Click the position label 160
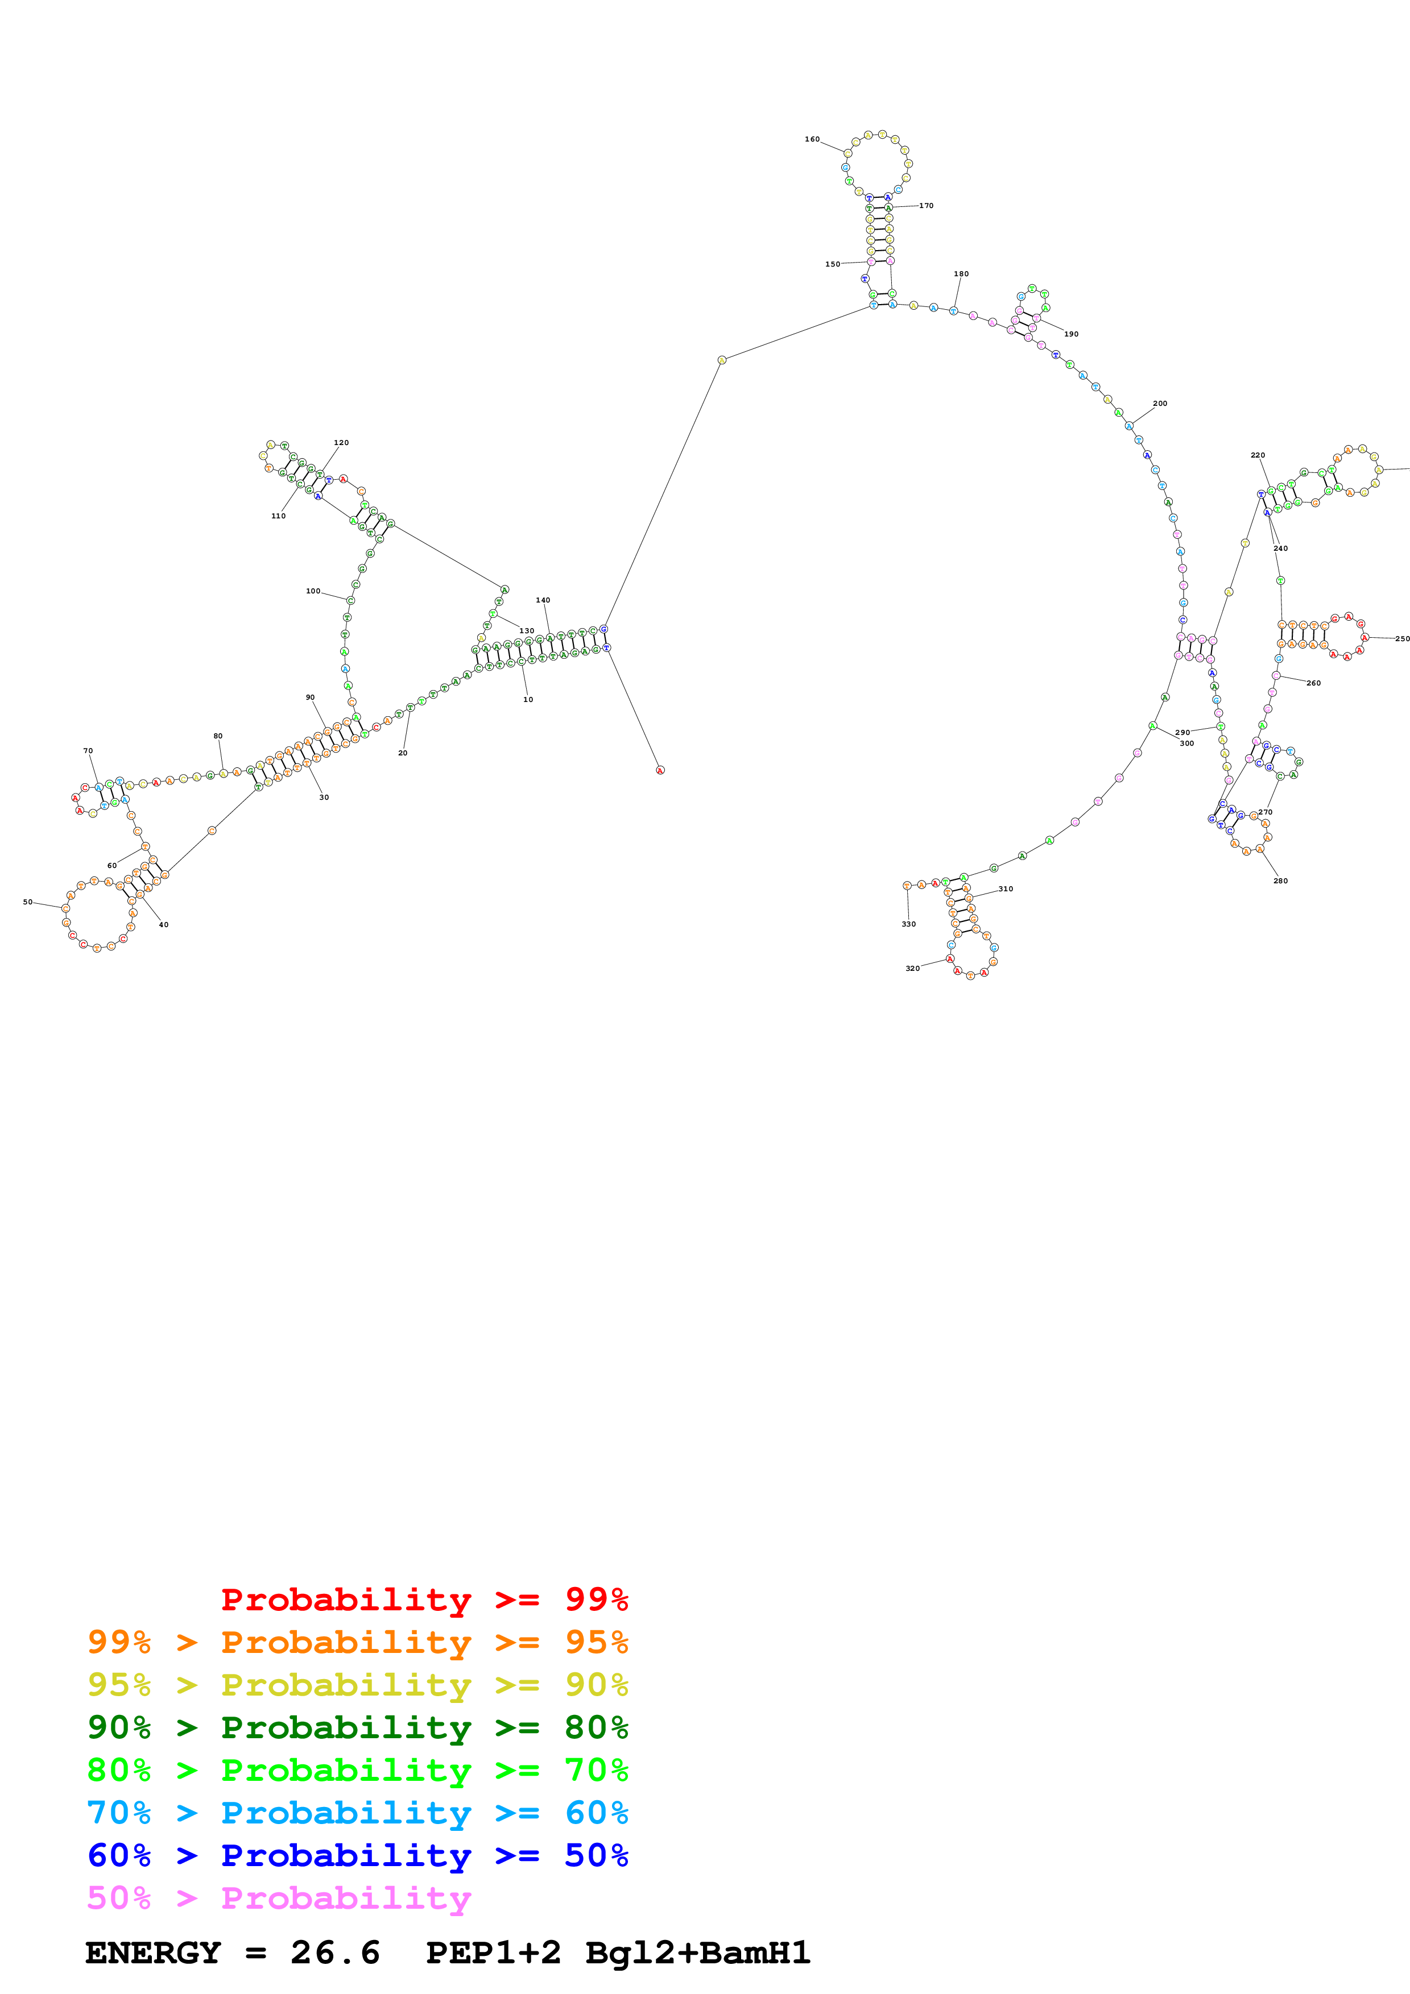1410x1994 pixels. (x=812, y=139)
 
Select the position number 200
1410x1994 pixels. (x=1160, y=404)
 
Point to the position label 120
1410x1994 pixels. (x=341, y=443)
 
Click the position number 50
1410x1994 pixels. (x=28, y=902)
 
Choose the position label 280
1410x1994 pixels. (x=1280, y=880)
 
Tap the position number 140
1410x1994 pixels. (x=543, y=600)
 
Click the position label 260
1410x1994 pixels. (x=1313, y=683)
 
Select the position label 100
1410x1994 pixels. (x=313, y=591)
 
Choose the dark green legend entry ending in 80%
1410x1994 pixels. (x=357, y=1728)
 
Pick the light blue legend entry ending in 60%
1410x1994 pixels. (x=357, y=1813)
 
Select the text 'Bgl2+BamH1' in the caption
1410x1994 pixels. (x=698, y=1953)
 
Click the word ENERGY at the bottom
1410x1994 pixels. (x=153, y=1953)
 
